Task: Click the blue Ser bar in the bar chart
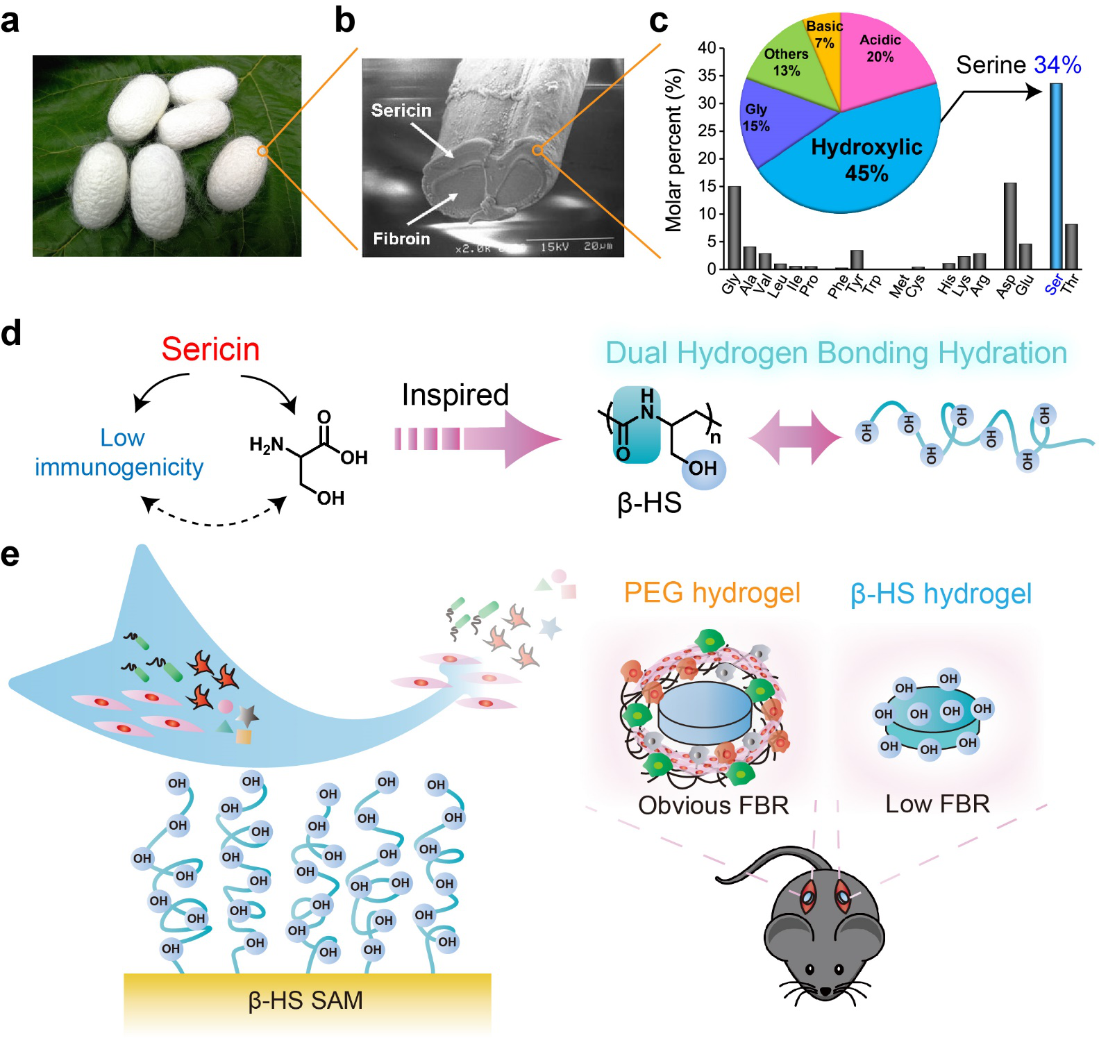(1055, 176)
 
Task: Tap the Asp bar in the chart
(1010, 226)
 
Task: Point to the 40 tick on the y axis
(707, 48)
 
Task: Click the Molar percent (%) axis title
(673, 150)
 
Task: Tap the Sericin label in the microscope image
(401, 110)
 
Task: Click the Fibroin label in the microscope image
(401, 239)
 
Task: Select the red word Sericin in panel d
(210, 349)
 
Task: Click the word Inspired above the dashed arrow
(455, 394)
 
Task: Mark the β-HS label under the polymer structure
(649, 503)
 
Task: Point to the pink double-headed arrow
(796, 437)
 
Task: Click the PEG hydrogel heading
(712, 593)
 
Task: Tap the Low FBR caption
(937, 804)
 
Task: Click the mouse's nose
(825, 991)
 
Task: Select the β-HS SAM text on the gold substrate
(305, 1000)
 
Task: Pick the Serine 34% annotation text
(1018, 65)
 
